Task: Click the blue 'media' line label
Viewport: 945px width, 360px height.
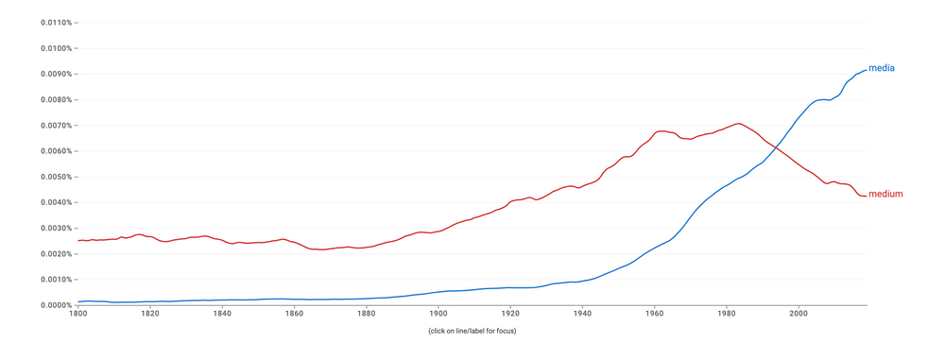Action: tap(881, 68)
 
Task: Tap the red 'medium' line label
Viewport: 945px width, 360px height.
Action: tap(885, 195)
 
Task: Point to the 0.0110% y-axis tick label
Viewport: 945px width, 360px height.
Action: tap(56, 22)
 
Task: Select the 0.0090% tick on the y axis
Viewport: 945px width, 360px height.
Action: tap(56, 74)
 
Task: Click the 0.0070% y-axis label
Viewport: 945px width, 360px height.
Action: tap(56, 126)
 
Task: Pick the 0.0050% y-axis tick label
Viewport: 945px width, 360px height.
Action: tap(56, 177)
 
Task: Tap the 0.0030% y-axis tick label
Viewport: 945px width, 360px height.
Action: tap(56, 228)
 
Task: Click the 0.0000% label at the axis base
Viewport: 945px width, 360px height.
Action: tap(56, 305)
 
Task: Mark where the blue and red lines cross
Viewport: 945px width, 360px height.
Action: tap(775, 147)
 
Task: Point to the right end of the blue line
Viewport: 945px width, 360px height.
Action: tap(866, 69)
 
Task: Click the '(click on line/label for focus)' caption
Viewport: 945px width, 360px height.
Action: tap(472, 331)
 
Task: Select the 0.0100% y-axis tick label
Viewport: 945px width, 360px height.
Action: tap(56, 48)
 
